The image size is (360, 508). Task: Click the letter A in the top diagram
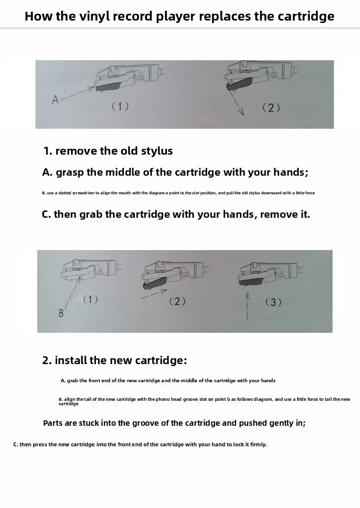pos(55,99)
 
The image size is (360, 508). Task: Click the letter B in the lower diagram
pos(61,313)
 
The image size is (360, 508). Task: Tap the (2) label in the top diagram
pos(271,108)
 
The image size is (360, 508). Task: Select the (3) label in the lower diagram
pos(273,302)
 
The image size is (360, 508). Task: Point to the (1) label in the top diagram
pos(120,106)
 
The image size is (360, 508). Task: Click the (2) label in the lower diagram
pos(177,301)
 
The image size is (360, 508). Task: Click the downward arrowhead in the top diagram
pos(240,112)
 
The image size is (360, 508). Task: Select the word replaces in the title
pos(225,16)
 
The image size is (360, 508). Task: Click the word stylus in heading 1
pos(157,151)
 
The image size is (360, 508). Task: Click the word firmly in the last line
pos(258,444)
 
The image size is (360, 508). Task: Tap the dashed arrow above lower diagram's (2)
pos(154,294)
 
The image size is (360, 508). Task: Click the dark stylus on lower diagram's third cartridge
pos(252,281)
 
